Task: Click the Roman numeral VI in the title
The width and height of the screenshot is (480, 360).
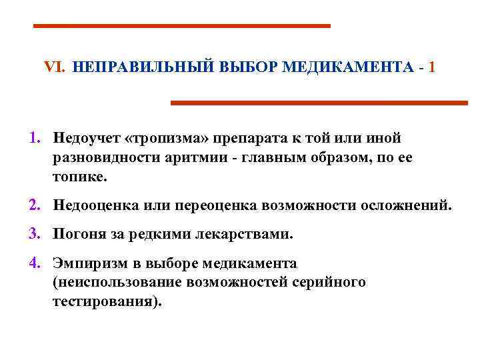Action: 53,68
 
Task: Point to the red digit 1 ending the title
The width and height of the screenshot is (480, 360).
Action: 433,68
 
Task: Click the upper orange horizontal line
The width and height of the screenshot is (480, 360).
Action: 182,25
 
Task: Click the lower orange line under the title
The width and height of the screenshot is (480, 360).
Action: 319,103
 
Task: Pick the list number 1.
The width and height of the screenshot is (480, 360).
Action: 34,138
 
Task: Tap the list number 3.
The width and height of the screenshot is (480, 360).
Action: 34,235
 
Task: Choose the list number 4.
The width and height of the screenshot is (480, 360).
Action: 34,263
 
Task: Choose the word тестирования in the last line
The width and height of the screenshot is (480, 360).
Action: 105,301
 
